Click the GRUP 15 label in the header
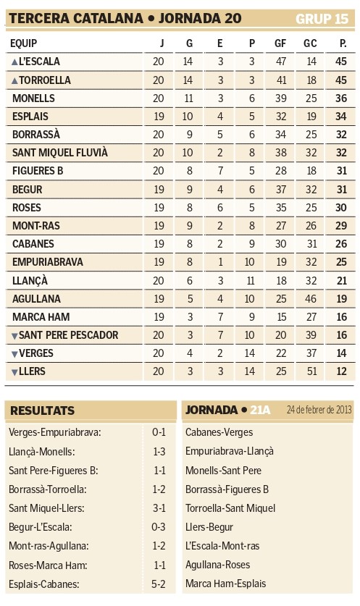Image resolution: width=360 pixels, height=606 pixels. (322, 19)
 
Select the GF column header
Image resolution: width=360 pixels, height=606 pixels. (280, 43)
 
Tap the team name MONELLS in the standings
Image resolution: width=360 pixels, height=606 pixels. (33, 98)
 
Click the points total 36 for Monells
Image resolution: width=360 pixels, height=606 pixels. (341, 98)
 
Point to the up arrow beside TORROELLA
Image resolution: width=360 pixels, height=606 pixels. (14, 80)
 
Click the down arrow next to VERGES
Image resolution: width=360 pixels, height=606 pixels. (14, 353)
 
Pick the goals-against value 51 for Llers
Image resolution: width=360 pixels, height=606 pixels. (311, 371)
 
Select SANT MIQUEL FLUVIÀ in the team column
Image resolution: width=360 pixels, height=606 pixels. (60, 153)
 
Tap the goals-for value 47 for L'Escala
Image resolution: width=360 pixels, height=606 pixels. (281, 62)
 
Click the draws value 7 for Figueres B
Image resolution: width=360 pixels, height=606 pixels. (220, 171)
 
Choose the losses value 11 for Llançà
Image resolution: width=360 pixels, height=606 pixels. (250, 281)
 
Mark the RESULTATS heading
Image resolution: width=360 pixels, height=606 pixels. (42, 411)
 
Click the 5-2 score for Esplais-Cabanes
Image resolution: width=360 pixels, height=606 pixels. (159, 584)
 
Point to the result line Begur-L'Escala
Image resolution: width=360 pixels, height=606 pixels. (41, 527)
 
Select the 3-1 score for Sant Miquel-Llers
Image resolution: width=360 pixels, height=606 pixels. (159, 508)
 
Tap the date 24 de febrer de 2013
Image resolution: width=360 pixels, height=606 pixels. (319, 410)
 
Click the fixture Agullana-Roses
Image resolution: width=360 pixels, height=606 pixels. (218, 565)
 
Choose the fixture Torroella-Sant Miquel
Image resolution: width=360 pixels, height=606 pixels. (230, 508)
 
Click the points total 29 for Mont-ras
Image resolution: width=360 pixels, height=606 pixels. (341, 226)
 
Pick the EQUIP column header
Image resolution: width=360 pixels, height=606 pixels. (24, 43)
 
